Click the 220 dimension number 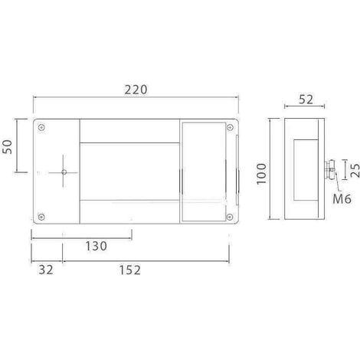[x=136, y=90]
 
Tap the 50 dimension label [x=8, y=146]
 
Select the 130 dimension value [x=96, y=246]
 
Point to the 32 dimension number [x=46, y=270]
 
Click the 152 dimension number [x=130, y=270]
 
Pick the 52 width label [x=306, y=99]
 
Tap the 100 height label [x=261, y=174]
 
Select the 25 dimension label [x=355, y=171]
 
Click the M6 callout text [x=342, y=198]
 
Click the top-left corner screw [x=41, y=127]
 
